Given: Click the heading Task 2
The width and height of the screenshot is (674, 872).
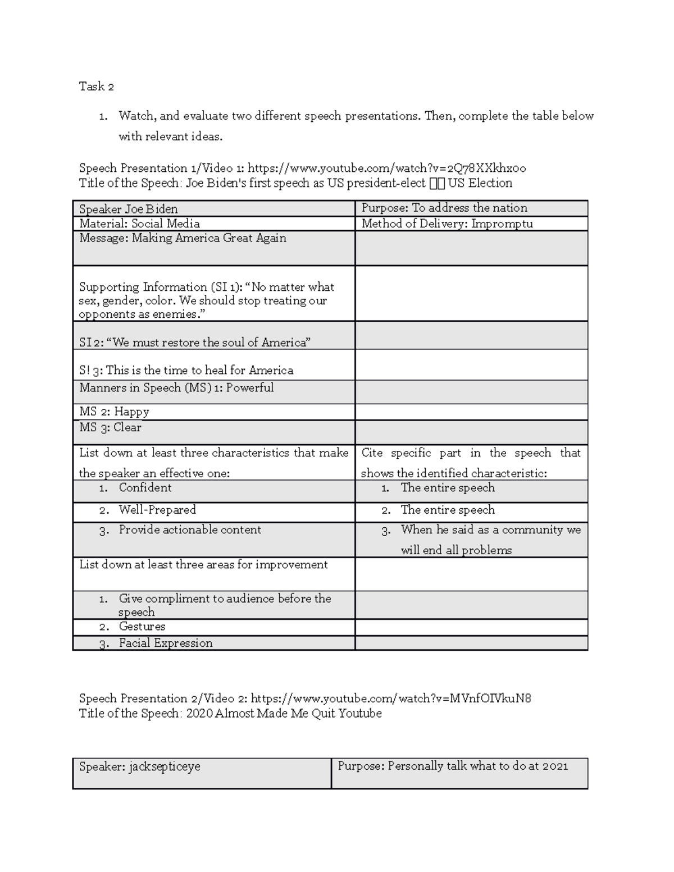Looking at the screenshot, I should pyautogui.click(x=97, y=86).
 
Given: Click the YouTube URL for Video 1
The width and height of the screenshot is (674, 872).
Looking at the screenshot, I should pyautogui.click(x=386, y=168).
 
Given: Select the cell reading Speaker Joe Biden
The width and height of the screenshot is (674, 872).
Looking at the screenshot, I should pyautogui.click(x=129, y=209).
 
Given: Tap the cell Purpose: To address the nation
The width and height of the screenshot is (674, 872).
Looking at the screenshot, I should pyautogui.click(x=444, y=208).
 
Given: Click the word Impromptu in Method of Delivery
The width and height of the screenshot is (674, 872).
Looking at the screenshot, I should pyautogui.click(x=502, y=223).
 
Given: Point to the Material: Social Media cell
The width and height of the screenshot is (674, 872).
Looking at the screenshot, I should pyautogui.click(x=139, y=223).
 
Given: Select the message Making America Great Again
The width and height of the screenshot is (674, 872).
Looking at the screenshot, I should pyautogui.click(x=209, y=238).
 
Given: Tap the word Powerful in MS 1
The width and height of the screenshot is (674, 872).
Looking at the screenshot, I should pyautogui.click(x=250, y=387).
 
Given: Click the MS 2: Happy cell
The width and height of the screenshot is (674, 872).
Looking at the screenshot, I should pyautogui.click(x=115, y=412).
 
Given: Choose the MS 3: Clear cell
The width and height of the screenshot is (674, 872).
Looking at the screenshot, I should pyautogui.click(x=111, y=427).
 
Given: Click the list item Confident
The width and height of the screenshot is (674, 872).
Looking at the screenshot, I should pyautogui.click(x=145, y=487).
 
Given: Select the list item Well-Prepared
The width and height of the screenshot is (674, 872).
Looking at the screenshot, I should pyautogui.click(x=157, y=510).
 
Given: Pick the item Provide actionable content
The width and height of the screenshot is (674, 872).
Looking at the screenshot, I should pyautogui.click(x=190, y=529).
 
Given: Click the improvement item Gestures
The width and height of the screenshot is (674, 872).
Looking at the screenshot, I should pyautogui.click(x=142, y=626).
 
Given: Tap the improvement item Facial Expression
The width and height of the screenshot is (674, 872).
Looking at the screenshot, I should pyautogui.click(x=166, y=643).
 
